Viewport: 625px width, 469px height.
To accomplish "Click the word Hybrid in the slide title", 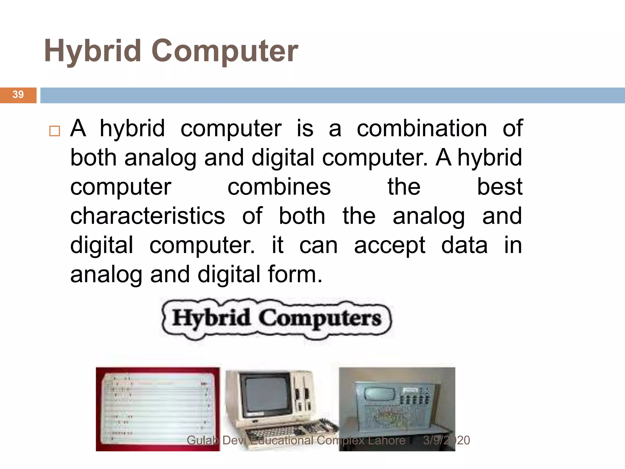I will (92, 51).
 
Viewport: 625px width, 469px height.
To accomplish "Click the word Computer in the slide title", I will (225, 51).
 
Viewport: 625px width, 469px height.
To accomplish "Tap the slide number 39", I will (18, 94).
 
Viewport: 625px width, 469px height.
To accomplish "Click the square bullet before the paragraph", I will (55, 131).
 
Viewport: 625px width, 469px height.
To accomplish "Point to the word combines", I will (279, 187).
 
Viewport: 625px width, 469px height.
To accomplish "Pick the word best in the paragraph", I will (500, 187).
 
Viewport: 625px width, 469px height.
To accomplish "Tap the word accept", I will (389, 245).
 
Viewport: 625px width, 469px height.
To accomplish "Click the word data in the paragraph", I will (464, 245).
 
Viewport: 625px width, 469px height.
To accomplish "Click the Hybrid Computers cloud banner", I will (276, 318).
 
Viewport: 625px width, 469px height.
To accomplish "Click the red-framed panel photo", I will (157, 409).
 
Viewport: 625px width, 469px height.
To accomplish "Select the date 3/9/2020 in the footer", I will (446, 440).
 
